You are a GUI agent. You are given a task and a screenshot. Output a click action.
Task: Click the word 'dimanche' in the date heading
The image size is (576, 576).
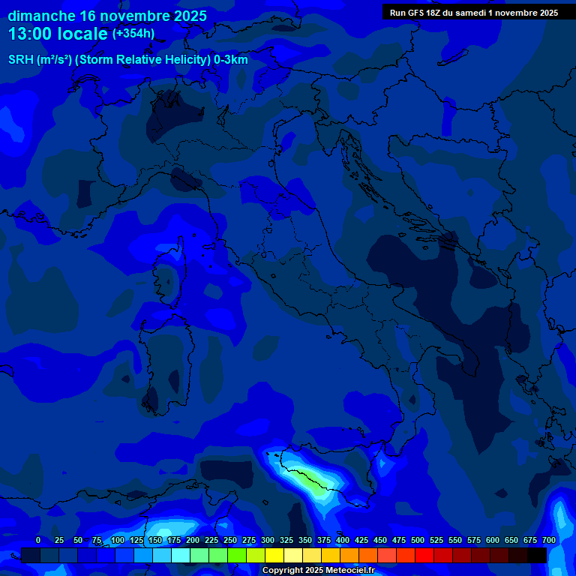(41, 16)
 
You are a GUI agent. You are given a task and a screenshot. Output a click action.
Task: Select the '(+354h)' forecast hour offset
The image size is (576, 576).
(133, 34)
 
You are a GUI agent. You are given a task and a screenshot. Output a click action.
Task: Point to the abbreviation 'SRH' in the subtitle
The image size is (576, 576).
(20, 60)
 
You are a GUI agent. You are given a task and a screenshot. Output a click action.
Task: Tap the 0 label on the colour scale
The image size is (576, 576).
(38, 540)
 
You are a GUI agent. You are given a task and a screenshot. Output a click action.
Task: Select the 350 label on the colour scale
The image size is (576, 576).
(305, 540)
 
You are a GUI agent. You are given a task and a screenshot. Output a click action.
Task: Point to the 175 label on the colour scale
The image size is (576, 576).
(174, 540)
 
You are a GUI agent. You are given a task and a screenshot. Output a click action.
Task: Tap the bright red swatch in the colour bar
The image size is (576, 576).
(406, 555)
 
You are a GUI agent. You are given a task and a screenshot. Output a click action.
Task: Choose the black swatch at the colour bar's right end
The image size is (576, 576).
(537, 555)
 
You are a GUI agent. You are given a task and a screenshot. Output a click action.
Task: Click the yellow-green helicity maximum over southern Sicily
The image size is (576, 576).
(315, 481)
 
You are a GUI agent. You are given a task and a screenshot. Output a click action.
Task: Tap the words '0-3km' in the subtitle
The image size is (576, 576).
(231, 60)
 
